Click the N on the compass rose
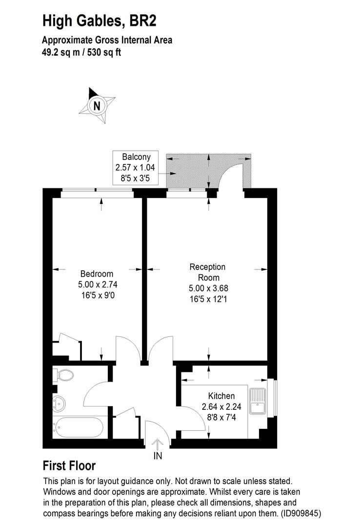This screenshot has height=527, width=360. pyautogui.click(x=97, y=105)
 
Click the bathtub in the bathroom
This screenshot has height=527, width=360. pyautogui.click(x=79, y=428)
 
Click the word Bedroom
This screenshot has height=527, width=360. pyautogui.click(x=97, y=274)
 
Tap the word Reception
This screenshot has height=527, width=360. pyautogui.click(x=207, y=267)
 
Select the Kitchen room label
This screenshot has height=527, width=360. pyautogui.click(x=221, y=396)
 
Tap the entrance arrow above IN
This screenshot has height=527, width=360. pyautogui.click(x=158, y=444)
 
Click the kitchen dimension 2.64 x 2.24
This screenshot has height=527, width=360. pyautogui.click(x=221, y=406)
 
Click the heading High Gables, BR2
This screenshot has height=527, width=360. pyautogui.click(x=100, y=20)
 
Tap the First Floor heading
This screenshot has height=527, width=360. pyautogui.click(x=69, y=466)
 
